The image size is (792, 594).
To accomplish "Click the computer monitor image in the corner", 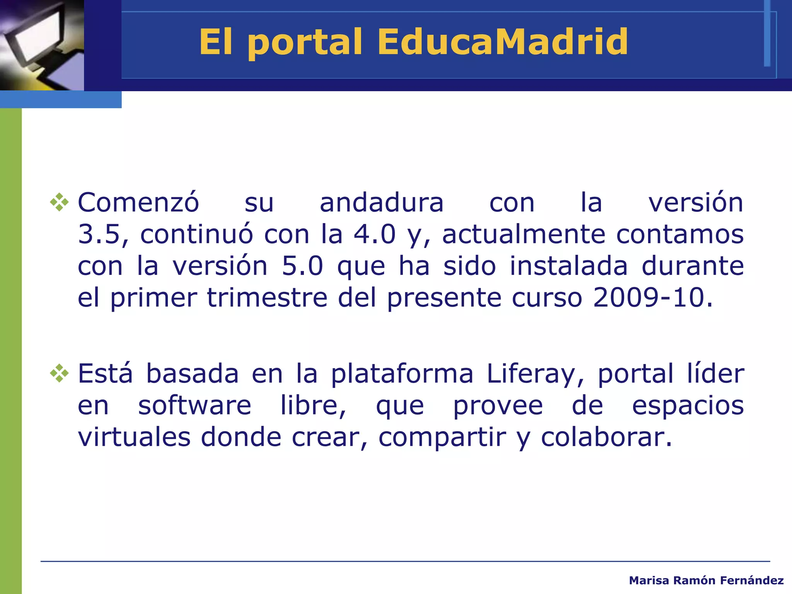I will pos(42,45).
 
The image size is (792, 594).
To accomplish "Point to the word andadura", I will pos(381,203).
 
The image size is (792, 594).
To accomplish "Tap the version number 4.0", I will pos(375,234).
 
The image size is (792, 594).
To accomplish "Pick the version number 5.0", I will pos(302,266).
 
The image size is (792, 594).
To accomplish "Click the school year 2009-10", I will pos(653,298).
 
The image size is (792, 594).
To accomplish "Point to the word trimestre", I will pos(267,298).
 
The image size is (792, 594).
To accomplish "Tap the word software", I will pos(195,406).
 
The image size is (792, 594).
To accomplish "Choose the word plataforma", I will pos(402,374).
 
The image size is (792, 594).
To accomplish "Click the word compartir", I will pos(442,438).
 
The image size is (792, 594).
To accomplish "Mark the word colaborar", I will pos(606,437).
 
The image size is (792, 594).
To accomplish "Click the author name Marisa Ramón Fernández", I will pos(706,580).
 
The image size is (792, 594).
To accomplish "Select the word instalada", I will pos(568,266).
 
